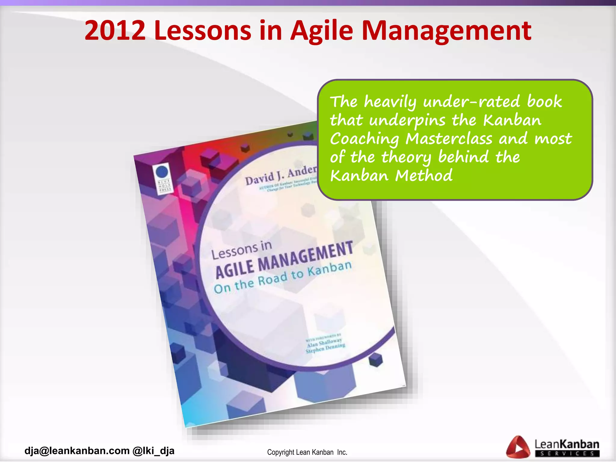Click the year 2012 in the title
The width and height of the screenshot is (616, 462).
click(115, 30)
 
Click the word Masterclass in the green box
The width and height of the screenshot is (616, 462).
click(449, 139)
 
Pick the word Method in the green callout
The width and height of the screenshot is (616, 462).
click(423, 176)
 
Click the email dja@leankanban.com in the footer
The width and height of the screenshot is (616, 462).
click(77, 451)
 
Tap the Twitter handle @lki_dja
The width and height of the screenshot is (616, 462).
click(153, 451)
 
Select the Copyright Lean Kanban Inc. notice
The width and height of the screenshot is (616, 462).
click(307, 452)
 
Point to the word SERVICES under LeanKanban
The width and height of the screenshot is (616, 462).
click(567, 454)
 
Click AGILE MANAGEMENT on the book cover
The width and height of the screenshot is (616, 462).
click(284, 260)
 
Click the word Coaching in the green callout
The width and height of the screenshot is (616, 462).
click(364, 139)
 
